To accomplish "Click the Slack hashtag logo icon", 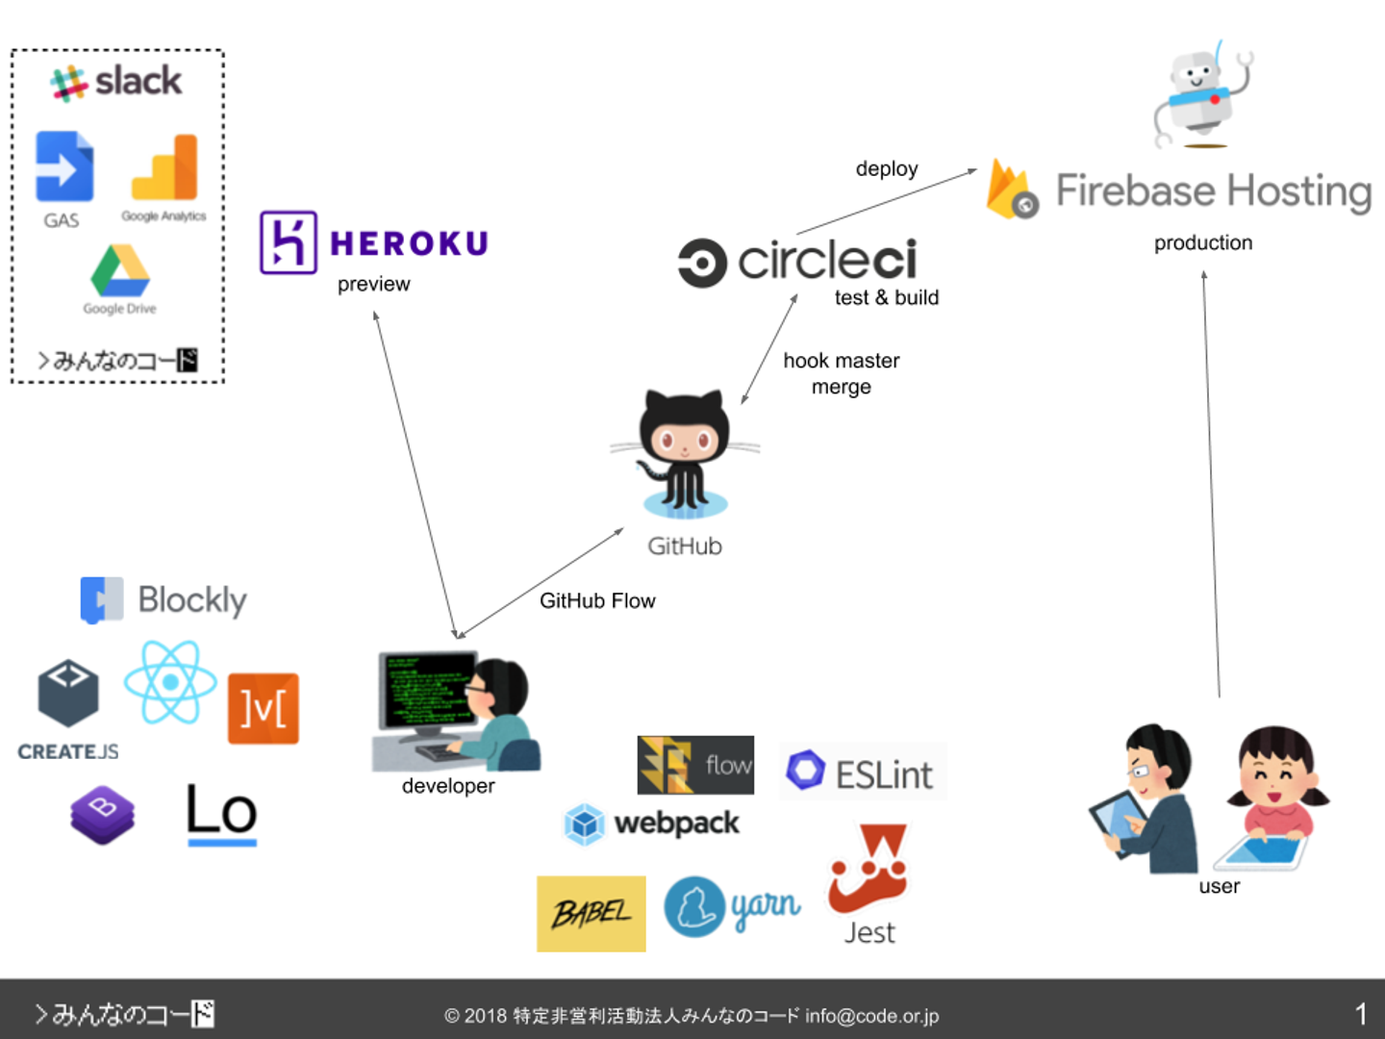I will pyautogui.click(x=68, y=83).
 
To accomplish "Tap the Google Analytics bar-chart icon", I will pyautogui.click(x=165, y=167).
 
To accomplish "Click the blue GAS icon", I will pyautogui.click(x=64, y=166).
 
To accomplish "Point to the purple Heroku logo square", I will pyautogui.click(x=288, y=242).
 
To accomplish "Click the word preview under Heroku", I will pyautogui.click(x=373, y=284).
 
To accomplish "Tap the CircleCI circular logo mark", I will pyautogui.click(x=702, y=263).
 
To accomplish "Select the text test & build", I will pyautogui.click(x=886, y=297).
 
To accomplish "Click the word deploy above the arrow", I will pyautogui.click(x=887, y=168).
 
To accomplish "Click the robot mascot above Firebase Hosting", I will pyautogui.click(x=1200, y=95).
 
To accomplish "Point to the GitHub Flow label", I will pyautogui.click(x=597, y=600).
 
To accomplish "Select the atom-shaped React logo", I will pyautogui.click(x=170, y=682).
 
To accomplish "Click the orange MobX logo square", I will pyautogui.click(x=263, y=709).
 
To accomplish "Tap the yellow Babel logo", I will pyautogui.click(x=591, y=913).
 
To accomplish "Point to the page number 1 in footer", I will pyautogui.click(x=1360, y=1013).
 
